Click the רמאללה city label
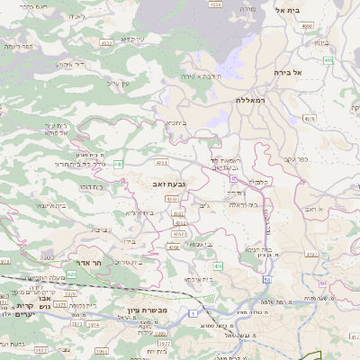254,101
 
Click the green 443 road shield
118,163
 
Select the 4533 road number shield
107,42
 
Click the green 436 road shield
218,266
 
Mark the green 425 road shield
71,274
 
